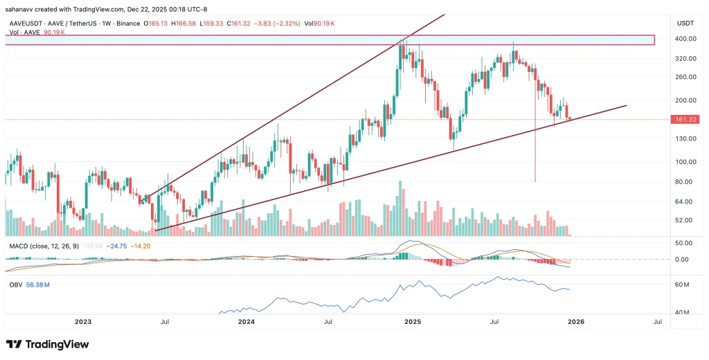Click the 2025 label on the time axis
point(413,322)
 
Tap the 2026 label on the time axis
point(576,322)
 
